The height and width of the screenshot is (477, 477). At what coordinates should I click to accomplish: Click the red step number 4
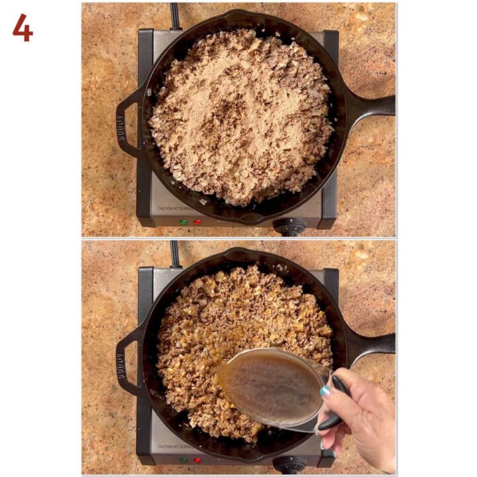coord(22,27)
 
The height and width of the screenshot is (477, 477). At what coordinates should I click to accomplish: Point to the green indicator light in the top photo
coord(183,221)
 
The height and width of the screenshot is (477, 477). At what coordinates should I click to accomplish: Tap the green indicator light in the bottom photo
coord(183,459)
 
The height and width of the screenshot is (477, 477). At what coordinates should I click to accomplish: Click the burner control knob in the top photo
coord(290,227)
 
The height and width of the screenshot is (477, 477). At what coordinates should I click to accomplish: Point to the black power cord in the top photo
coord(176,15)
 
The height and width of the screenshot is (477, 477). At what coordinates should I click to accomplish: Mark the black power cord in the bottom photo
coord(176,253)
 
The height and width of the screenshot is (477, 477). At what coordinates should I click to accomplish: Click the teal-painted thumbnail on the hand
coord(326,392)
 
